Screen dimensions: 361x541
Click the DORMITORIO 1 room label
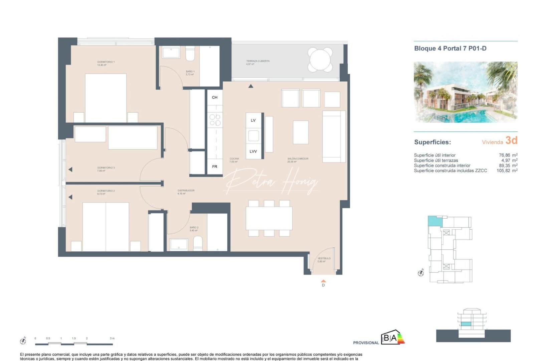[106, 62]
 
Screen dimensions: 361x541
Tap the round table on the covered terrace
[320, 59]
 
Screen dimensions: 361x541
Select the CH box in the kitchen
[215, 97]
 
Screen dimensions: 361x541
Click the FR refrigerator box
[215, 166]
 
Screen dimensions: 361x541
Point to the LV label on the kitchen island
[253, 120]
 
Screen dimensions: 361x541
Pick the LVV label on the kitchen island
[253, 151]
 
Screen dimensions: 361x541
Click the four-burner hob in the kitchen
[215, 120]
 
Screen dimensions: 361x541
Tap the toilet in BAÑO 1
[190, 54]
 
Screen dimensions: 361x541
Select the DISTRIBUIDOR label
[186, 191]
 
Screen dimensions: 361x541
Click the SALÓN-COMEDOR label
[298, 159]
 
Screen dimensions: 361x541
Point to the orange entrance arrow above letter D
[323, 281]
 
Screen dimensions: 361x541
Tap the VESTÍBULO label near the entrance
[324, 258]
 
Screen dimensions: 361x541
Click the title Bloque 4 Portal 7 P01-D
[450, 48]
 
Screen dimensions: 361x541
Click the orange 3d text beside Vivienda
[511, 140]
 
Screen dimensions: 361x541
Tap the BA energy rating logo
[393, 338]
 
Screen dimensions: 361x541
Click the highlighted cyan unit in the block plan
[434, 221]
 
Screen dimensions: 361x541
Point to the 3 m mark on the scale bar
[112, 339]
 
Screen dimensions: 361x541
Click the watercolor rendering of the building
[466, 92]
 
